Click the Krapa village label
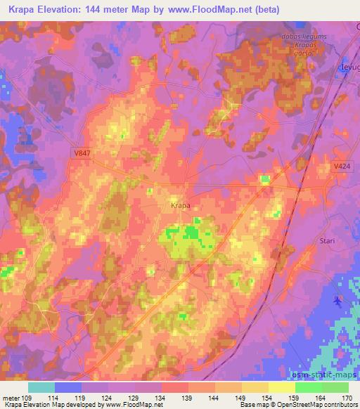coord(181,206)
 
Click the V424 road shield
coord(342,167)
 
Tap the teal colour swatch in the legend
coord(41,387)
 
